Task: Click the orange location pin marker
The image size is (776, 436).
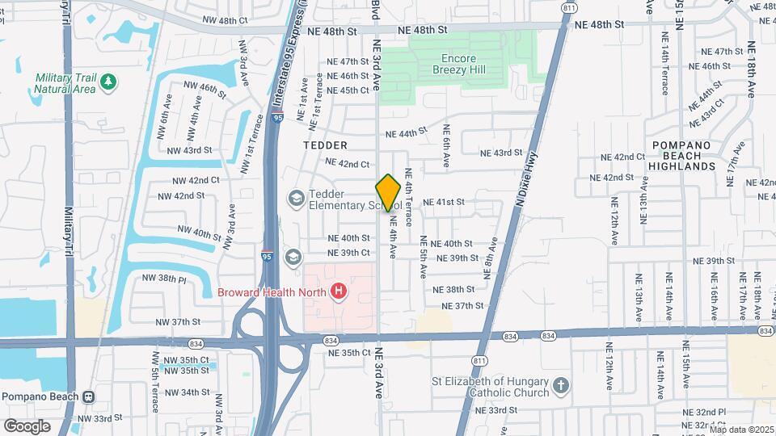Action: pos(388,193)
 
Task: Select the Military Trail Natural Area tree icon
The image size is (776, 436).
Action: pos(108,82)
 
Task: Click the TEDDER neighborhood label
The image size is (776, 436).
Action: pos(325,145)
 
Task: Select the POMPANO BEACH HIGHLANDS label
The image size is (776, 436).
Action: pos(682,155)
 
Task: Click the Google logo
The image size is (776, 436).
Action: pos(27,426)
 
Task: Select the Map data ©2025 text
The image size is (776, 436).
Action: pos(741,430)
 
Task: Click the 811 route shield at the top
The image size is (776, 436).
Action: pos(570,7)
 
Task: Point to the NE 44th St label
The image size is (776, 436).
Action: pos(405,133)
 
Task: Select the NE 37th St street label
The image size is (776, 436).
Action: pos(463,306)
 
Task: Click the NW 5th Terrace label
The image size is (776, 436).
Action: pos(154,388)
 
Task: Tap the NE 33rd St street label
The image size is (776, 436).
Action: pos(496,410)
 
